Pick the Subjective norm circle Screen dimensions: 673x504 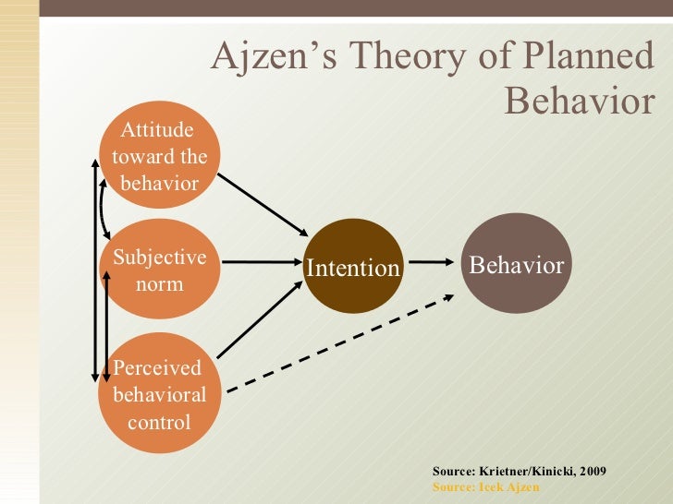159,269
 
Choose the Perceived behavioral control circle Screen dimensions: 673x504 159,393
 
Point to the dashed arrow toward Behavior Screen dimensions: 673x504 342,343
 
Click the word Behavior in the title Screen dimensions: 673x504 580,102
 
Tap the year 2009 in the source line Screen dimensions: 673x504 593,471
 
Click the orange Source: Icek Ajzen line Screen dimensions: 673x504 485,486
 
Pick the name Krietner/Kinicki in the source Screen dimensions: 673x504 521,471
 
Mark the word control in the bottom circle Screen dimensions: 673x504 159,423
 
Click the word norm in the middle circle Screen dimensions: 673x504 159,283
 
